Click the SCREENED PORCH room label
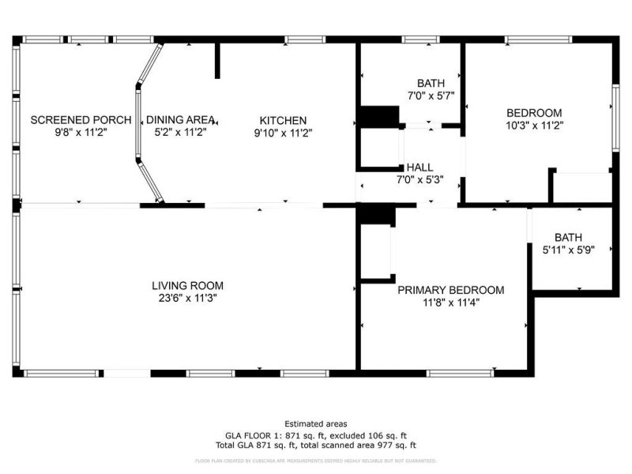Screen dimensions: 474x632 pyautogui.click(x=81, y=120)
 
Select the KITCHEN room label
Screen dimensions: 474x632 pyautogui.click(x=283, y=120)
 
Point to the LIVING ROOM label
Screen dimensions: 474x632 pyautogui.click(x=188, y=285)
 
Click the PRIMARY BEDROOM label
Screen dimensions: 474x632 pyautogui.click(x=450, y=290)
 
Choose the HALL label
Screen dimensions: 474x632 pyautogui.click(x=419, y=167)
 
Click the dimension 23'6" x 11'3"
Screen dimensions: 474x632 pyautogui.click(x=188, y=298)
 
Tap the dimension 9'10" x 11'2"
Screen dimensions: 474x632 pyautogui.click(x=283, y=133)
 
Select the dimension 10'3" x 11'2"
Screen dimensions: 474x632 pyautogui.click(x=534, y=125)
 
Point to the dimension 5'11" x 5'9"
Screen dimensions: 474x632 pyautogui.click(x=568, y=249)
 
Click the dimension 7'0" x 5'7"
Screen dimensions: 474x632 pyautogui.click(x=431, y=95)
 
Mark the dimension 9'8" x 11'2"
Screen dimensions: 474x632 pyautogui.click(x=81, y=133)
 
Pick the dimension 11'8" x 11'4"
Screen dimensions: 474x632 pyautogui.click(x=450, y=303)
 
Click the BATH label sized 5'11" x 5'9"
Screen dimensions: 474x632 pyautogui.click(x=568, y=236)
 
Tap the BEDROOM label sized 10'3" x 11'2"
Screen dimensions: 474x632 pyautogui.click(x=534, y=112)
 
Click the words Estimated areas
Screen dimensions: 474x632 pyautogui.click(x=315, y=424)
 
